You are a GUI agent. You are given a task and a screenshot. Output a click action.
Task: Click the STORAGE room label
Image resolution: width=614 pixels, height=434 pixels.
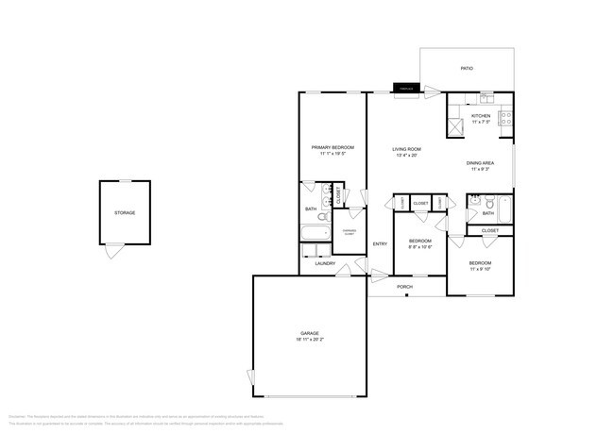[125, 213]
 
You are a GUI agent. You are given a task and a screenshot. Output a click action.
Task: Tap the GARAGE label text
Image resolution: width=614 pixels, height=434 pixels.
[309, 334]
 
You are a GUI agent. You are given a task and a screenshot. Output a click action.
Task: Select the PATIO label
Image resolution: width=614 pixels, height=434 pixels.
[467, 69]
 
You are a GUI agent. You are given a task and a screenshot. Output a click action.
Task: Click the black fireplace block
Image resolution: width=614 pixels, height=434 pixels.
[405, 91]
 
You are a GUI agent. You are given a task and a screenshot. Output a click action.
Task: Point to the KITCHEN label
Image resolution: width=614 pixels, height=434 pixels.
[481, 116]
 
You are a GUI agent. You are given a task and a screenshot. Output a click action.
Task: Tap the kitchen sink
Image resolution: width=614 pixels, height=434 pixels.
[486, 98]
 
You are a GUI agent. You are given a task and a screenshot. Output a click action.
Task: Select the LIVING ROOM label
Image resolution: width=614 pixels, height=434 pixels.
[407, 149]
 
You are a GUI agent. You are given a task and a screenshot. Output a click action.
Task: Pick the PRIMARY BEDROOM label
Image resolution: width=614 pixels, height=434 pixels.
[333, 148]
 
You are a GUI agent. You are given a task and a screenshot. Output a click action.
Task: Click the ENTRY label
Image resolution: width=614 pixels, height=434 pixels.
[380, 244]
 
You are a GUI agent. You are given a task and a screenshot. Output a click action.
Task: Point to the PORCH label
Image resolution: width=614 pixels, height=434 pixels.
[404, 287]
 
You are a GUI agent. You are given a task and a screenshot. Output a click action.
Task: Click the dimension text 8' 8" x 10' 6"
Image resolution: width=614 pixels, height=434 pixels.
[420, 247]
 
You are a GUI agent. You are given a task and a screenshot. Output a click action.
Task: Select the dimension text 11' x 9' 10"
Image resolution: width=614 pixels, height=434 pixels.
[481, 269]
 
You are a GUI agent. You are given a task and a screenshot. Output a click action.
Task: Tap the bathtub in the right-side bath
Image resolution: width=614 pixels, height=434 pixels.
[505, 209]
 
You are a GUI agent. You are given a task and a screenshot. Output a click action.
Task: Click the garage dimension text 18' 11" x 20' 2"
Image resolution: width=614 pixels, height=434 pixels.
[309, 341]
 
